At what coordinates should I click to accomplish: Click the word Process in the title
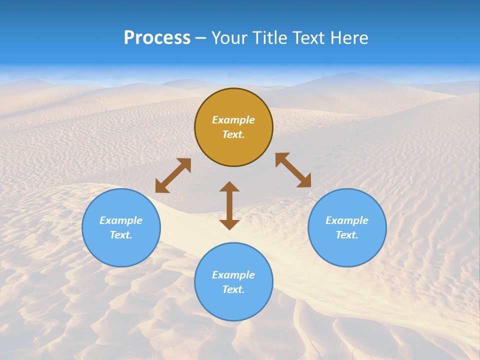coord(157,38)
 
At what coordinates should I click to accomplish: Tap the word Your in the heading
coord(228,38)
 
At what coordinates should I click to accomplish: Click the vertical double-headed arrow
coord(229,205)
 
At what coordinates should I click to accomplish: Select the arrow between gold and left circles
coord(173,175)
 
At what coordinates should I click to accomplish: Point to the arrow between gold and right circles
coord(293,170)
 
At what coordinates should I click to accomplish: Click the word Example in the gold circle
coord(233,120)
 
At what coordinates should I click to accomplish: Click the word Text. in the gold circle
coord(233,134)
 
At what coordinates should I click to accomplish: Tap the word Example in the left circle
coord(121,220)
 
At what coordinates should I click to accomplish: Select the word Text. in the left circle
coord(121,235)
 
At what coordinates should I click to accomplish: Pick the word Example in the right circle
coord(347,220)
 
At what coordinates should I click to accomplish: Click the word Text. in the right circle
coord(347,235)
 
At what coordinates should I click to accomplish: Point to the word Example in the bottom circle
coord(233,275)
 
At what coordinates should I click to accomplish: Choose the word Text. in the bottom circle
coord(233,289)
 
